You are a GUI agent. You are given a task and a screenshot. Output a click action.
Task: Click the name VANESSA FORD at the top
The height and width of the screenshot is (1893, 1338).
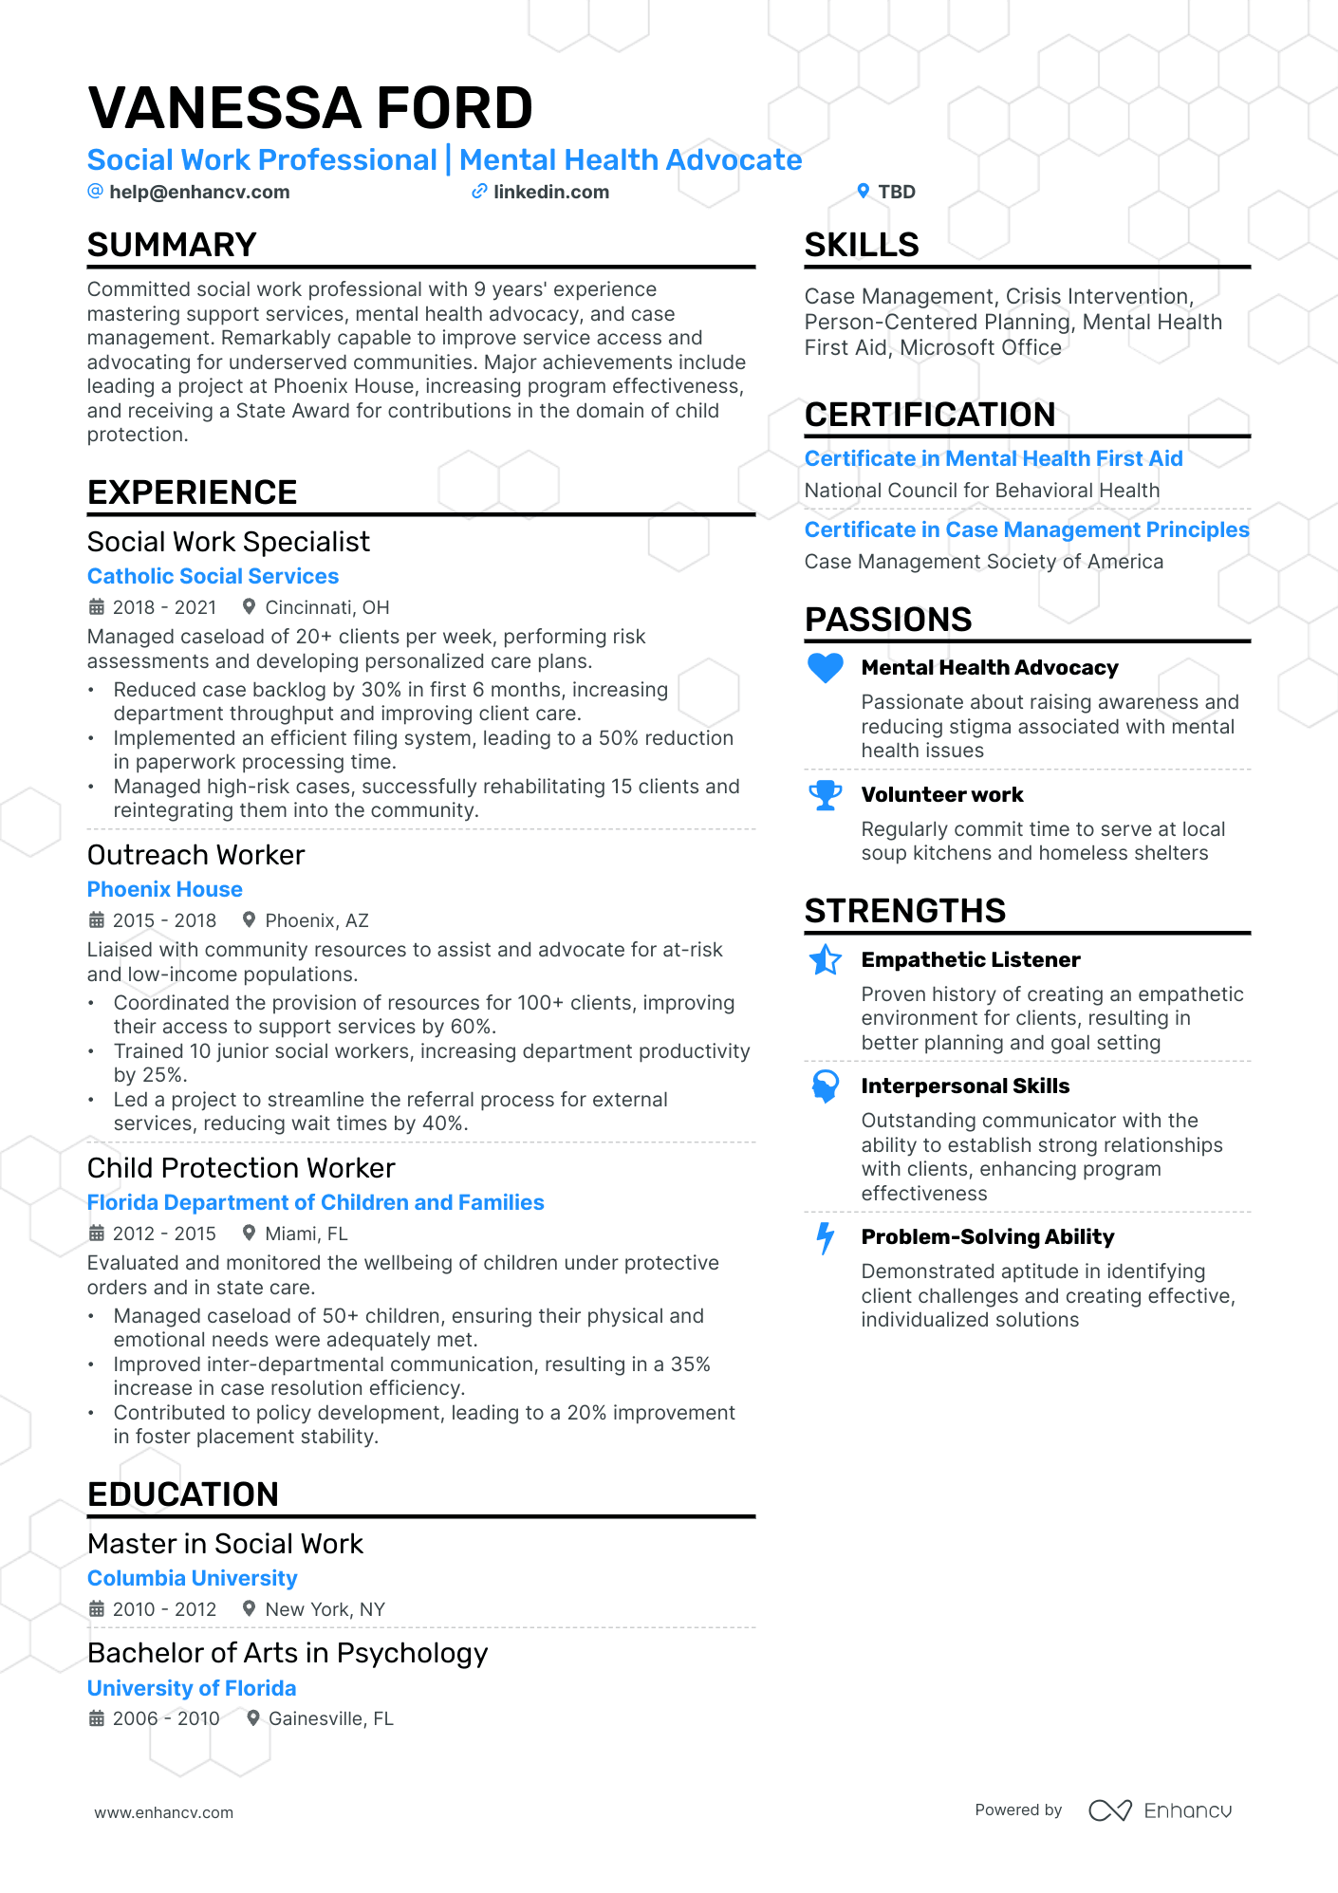(310, 108)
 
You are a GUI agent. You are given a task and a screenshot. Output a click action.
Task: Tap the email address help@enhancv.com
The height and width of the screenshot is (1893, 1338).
(199, 192)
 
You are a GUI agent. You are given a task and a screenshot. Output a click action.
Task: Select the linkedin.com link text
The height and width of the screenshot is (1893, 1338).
(551, 192)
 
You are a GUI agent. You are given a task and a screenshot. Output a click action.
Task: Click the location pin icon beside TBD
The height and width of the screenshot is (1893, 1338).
(863, 191)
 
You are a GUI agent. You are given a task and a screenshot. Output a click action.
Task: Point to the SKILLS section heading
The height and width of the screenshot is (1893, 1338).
(862, 245)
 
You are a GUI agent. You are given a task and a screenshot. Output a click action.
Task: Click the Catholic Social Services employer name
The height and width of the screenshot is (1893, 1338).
(213, 576)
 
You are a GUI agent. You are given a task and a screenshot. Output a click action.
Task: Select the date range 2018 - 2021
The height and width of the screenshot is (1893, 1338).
(165, 607)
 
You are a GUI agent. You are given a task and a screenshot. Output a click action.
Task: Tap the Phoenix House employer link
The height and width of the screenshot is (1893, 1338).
(165, 889)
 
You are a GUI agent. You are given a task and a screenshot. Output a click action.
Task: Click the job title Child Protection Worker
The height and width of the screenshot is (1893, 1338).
(241, 1168)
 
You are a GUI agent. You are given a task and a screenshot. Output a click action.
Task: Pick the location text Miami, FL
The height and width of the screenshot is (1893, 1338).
(307, 1234)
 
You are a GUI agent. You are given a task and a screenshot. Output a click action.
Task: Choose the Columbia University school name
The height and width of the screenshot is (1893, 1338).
(193, 1578)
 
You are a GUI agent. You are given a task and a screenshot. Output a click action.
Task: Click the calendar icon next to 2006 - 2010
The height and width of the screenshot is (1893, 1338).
(97, 1718)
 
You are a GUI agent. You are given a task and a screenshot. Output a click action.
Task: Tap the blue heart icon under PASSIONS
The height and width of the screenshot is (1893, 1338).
(826, 668)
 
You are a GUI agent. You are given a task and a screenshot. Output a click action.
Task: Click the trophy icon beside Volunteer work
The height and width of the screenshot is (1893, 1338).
(826, 795)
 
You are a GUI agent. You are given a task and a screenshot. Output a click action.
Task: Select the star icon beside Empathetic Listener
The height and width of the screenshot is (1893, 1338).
(826, 960)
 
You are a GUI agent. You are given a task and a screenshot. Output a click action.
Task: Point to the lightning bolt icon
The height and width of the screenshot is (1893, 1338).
(826, 1237)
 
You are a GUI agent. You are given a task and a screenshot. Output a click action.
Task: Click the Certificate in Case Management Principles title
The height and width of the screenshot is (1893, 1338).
(1027, 529)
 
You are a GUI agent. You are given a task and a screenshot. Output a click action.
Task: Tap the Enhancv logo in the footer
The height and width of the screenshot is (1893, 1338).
(1160, 1810)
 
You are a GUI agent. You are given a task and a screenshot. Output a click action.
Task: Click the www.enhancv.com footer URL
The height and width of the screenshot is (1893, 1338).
(164, 1812)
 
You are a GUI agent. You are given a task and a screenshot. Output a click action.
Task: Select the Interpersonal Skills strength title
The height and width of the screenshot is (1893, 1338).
(965, 1086)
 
